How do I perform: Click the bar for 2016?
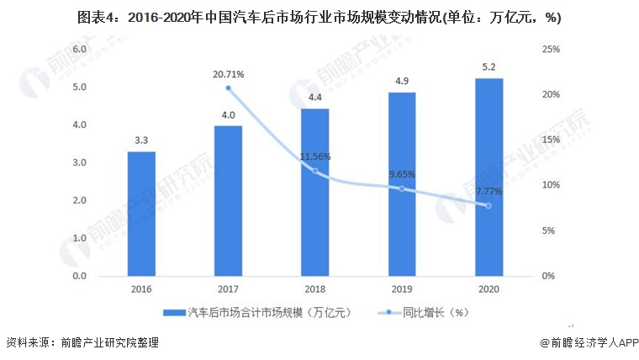coord(141,214)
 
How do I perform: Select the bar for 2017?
coord(228,201)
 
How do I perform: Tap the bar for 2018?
coord(315,193)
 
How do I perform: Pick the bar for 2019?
coord(402,184)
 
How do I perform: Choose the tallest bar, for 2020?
coord(488,177)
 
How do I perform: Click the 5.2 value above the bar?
coord(488,67)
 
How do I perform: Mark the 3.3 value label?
coord(141,140)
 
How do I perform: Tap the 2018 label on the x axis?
coord(315,289)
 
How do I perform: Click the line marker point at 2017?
coord(228,88)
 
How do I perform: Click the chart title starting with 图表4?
coord(319,17)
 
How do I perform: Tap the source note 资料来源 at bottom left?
coord(81,343)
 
